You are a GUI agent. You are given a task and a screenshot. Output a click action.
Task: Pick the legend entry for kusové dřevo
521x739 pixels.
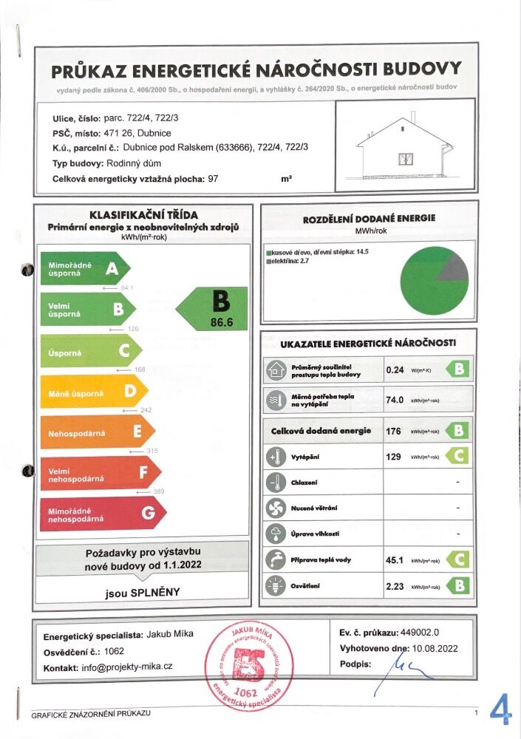(318, 253)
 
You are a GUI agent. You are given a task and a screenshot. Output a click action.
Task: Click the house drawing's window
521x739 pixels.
(405, 158)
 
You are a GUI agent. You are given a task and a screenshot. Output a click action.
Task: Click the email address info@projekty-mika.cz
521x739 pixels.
(127, 667)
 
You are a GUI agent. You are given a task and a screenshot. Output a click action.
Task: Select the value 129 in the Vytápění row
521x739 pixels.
(394, 457)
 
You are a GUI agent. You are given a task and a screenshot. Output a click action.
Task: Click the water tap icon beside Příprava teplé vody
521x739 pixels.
(275, 559)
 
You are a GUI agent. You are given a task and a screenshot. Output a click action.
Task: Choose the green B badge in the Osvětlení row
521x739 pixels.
(460, 586)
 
